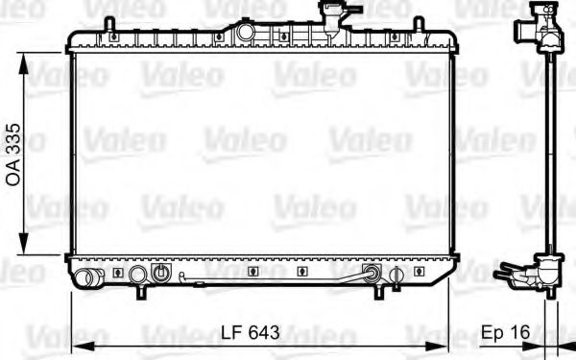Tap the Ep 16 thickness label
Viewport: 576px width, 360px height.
[505, 333]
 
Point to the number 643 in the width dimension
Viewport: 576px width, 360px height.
[264, 333]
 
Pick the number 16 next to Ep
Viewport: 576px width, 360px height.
[519, 333]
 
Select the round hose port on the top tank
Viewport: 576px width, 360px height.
[246, 32]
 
